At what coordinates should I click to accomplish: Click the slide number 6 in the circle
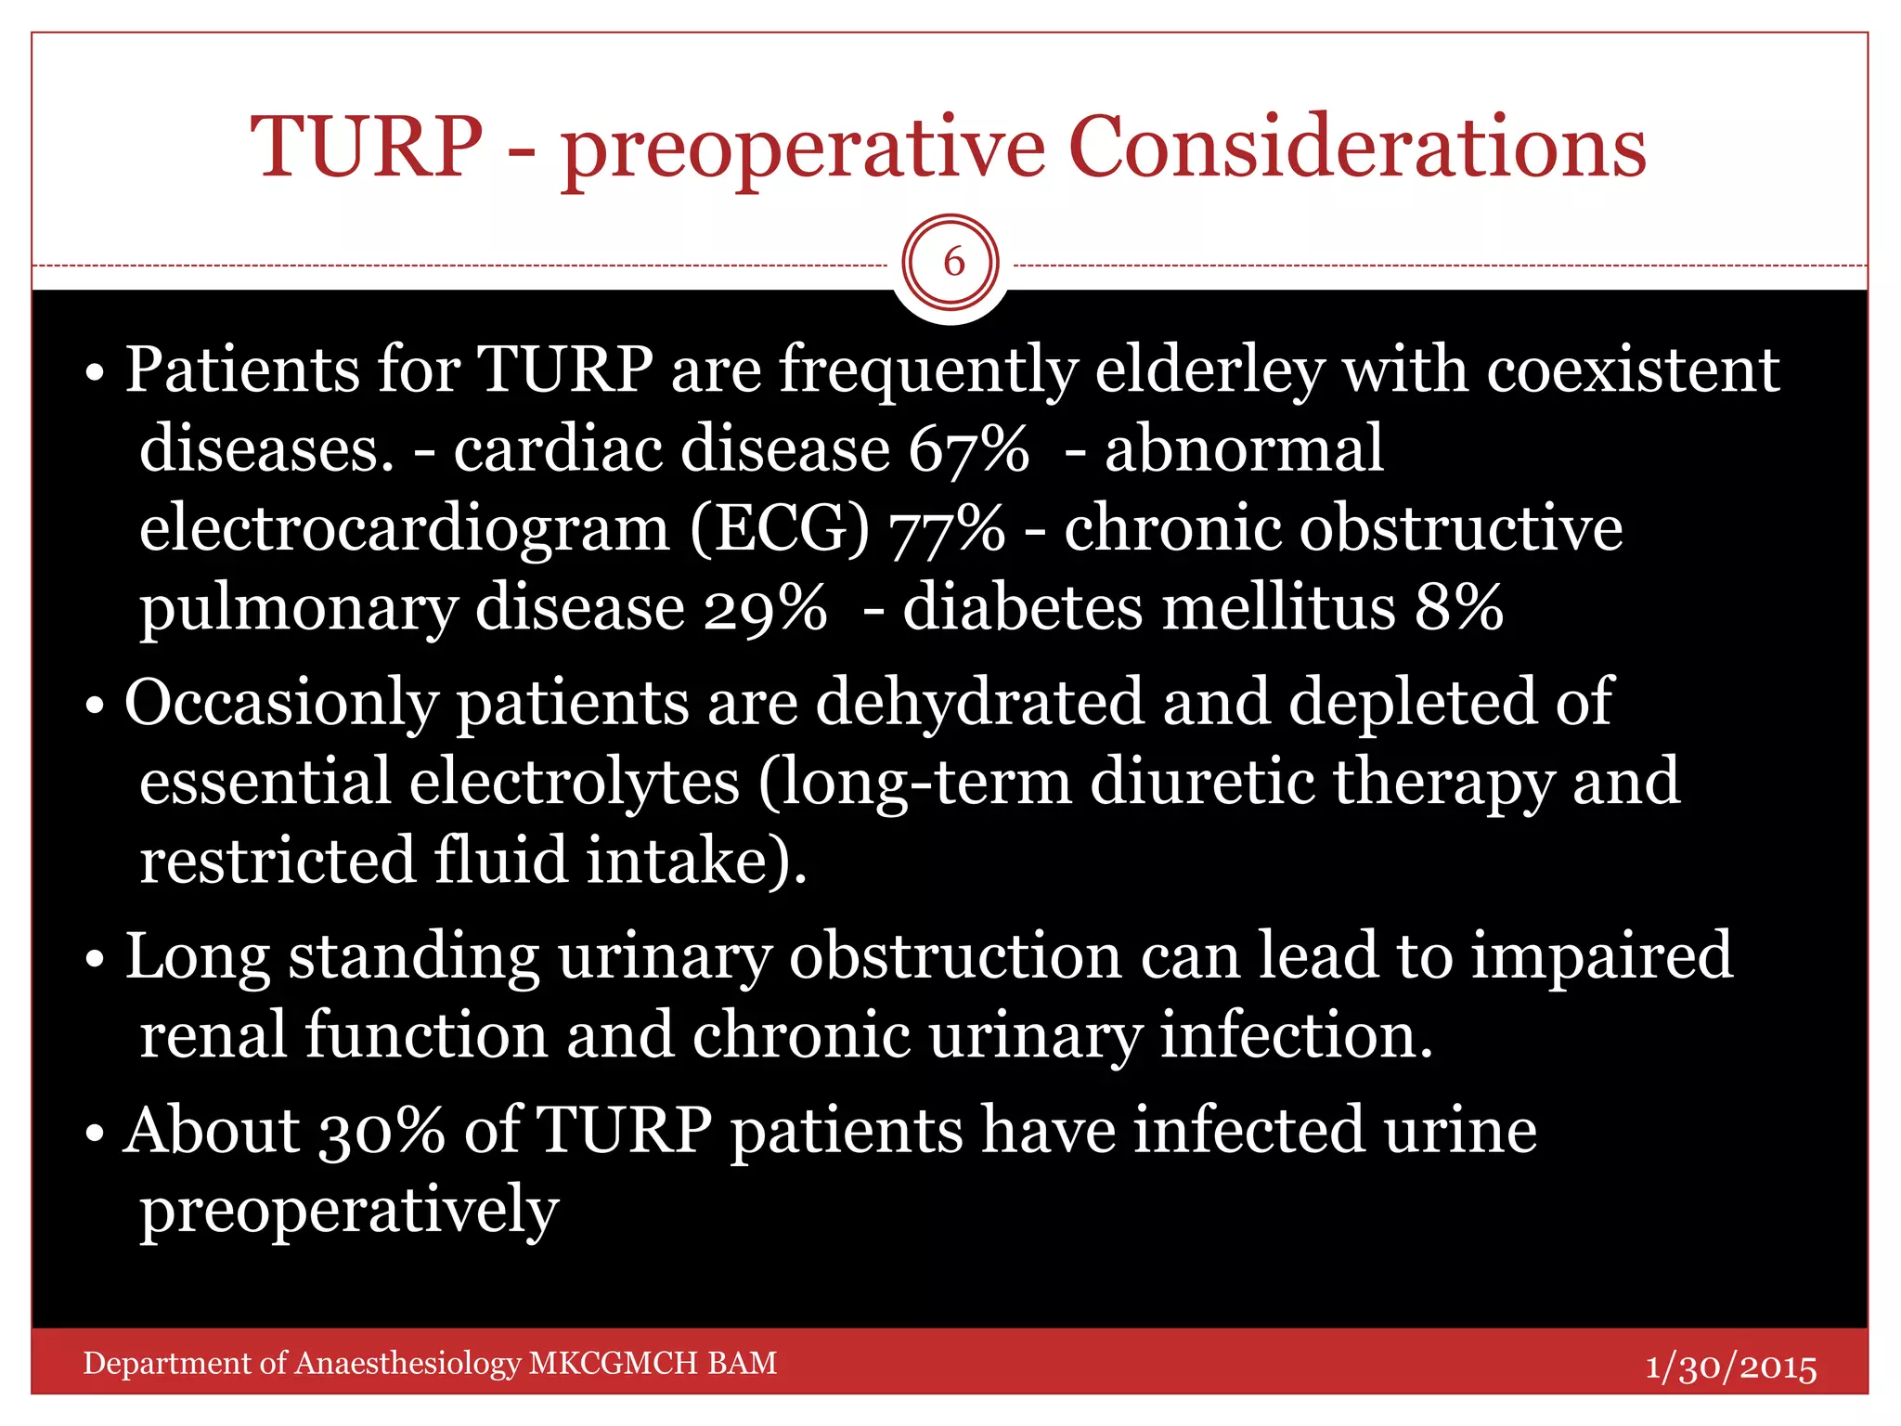952,263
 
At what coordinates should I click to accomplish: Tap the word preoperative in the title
802,149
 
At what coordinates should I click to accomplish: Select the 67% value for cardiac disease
968,449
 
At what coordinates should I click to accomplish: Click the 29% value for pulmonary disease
764,609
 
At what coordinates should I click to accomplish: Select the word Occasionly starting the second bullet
280,703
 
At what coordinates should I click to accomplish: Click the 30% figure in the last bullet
381,1132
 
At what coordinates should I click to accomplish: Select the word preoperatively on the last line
349,1211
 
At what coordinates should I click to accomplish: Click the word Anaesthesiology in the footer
407,1363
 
